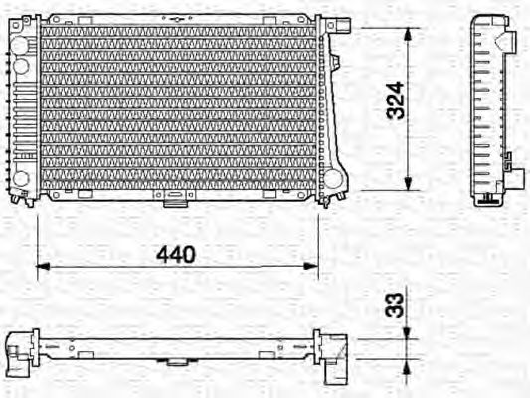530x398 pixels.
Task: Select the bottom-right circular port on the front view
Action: pos(331,180)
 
